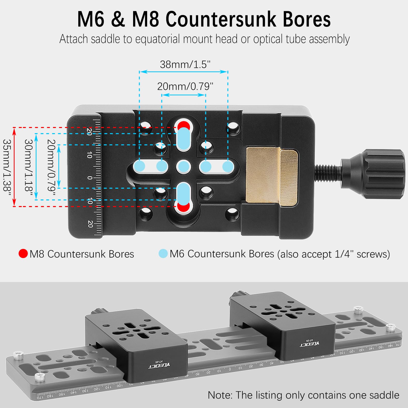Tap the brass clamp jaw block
pyautogui.click(x=272, y=176)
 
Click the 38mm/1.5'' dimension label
pyautogui.click(x=185, y=65)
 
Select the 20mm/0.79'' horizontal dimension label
pyautogui.click(x=185, y=86)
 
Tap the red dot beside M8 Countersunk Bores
pyautogui.click(x=23, y=253)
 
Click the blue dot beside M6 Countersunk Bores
pyautogui.click(x=163, y=253)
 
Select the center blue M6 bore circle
pyautogui.click(x=183, y=167)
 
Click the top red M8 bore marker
pyautogui.click(x=184, y=126)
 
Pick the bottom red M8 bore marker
pyautogui.click(x=184, y=207)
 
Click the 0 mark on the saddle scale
pyautogui.click(x=90, y=178)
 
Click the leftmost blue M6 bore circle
pyautogui.click(x=140, y=167)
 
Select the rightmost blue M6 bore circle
pyautogui.click(x=228, y=167)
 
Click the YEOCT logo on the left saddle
pyautogui.click(x=159, y=365)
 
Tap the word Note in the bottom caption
pyautogui.click(x=220, y=395)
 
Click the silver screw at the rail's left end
pyautogui.click(x=18, y=355)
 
